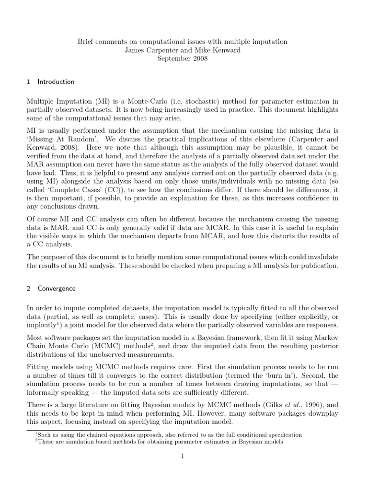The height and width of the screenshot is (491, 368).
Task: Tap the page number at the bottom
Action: (x=182, y=456)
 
